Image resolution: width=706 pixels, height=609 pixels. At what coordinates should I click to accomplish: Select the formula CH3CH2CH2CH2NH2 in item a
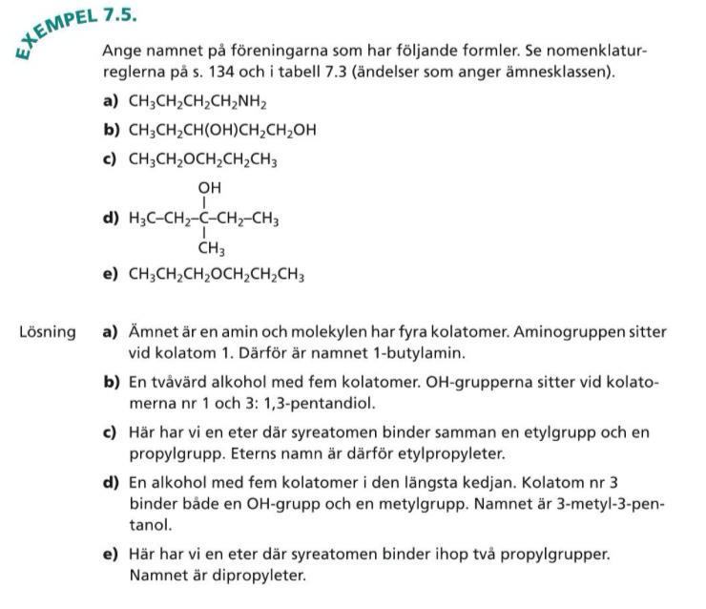click(197, 102)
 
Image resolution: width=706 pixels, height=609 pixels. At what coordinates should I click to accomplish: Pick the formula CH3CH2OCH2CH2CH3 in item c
click(203, 160)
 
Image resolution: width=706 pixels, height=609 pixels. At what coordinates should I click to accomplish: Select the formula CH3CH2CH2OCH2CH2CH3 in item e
click(217, 276)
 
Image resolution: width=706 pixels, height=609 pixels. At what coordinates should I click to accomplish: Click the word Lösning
click(47, 332)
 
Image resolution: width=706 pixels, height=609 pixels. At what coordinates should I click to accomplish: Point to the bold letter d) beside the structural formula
click(109, 219)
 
